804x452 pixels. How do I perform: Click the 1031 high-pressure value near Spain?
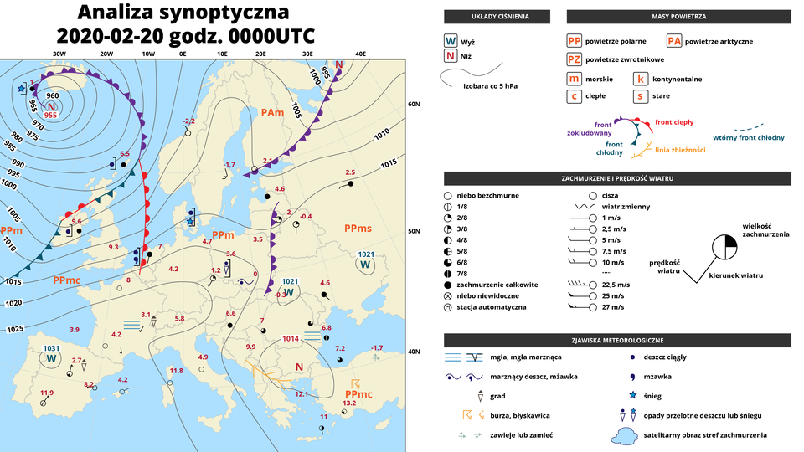(x=52, y=348)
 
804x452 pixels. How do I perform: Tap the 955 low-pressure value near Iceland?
(x=50, y=116)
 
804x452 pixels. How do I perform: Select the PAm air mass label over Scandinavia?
(x=271, y=112)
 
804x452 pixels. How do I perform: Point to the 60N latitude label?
(x=413, y=104)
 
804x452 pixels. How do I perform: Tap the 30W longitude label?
(x=59, y=54)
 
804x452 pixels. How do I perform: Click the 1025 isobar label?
(x=15, y=329)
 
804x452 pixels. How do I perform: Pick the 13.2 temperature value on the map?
(x=349, y=403)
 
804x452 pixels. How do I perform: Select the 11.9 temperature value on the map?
(x=46, y=393)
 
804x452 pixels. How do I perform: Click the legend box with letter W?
(x=451, y=41)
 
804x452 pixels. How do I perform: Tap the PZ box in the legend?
(x=574, y=59)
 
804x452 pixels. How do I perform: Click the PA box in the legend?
(x=674, y=41)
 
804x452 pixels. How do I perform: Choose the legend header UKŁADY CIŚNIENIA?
(x=497, y=17)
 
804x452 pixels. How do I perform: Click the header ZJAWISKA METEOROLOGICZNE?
(x=617, y=341)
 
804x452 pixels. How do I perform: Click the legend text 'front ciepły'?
(x=673, y=122)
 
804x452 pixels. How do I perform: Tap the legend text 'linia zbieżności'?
(x=680, y=150)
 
